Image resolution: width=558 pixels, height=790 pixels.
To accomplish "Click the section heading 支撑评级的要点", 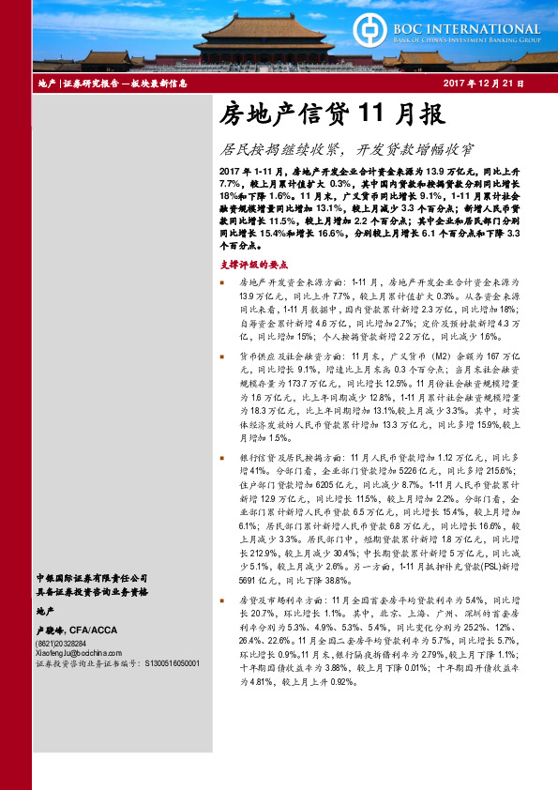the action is click(x=247, y=266).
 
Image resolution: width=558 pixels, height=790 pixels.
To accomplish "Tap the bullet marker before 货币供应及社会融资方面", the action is click(x=221, y=357).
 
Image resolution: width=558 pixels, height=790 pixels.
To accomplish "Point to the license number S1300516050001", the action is click(x=173, y=661).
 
